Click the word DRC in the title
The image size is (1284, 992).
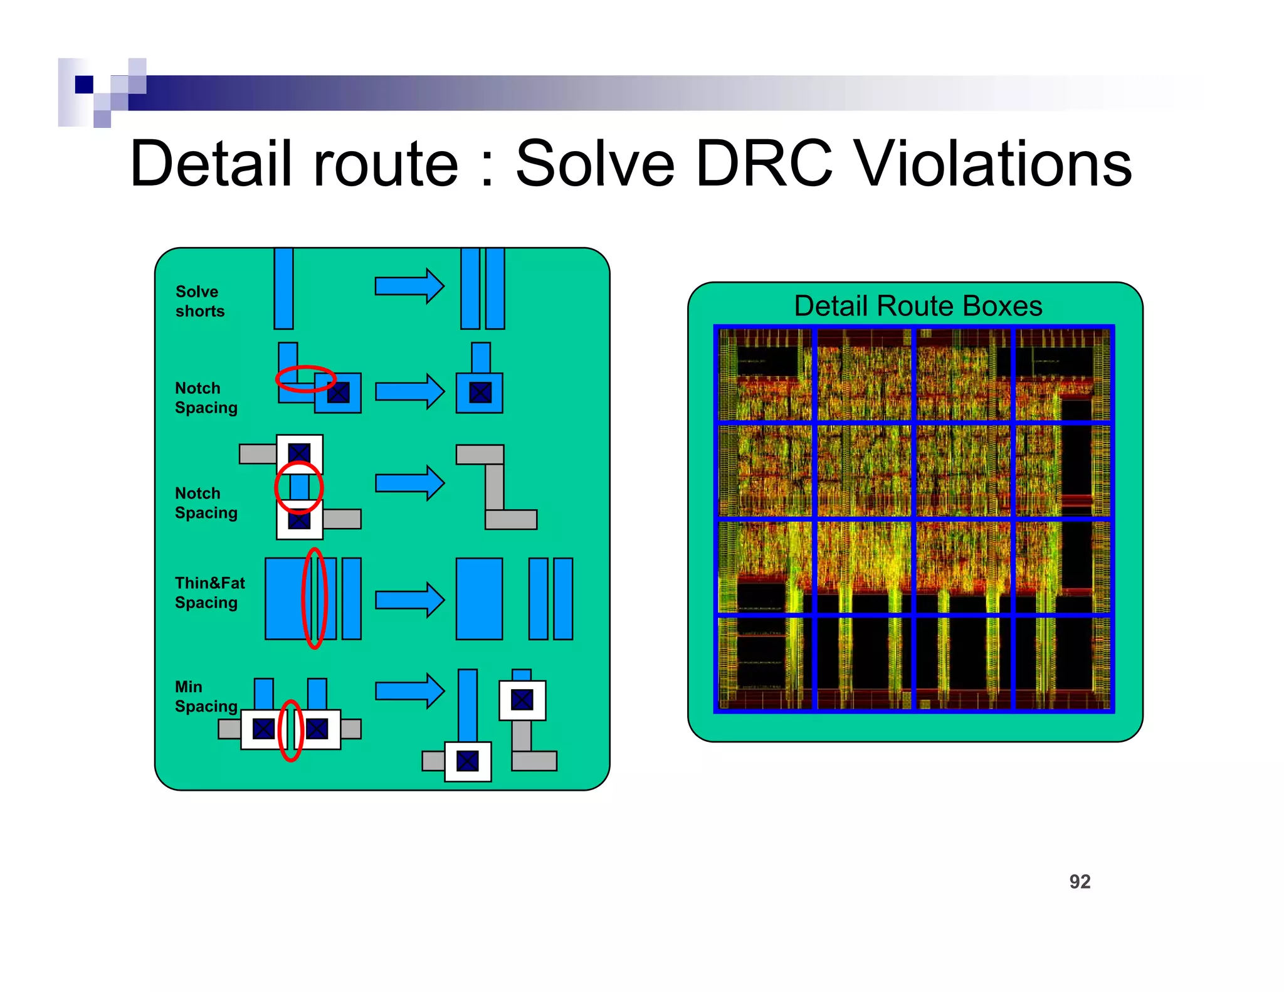tap(764, 164)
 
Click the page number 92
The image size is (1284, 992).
tap(1080, 882)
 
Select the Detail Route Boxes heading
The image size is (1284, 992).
tap(917, 306)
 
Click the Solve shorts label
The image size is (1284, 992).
tap(199, 302)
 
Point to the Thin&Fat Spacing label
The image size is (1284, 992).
tap(209, 593)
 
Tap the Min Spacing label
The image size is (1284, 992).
tap(206, 697)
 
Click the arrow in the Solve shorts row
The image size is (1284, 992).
tap(409, 287)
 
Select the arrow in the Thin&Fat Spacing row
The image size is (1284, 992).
tap(409, 600)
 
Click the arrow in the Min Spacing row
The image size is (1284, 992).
tap(409, 691)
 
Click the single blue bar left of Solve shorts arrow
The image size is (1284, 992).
tap(283, 288)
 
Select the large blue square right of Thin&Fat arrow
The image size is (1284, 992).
tap(479, 599)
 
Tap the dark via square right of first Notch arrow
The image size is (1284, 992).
tap(480, 393)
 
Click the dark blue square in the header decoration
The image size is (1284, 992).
tap(84, 84)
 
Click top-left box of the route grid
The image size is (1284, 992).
tap(765, 374)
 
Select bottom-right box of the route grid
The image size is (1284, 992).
tap(1061, 663)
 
